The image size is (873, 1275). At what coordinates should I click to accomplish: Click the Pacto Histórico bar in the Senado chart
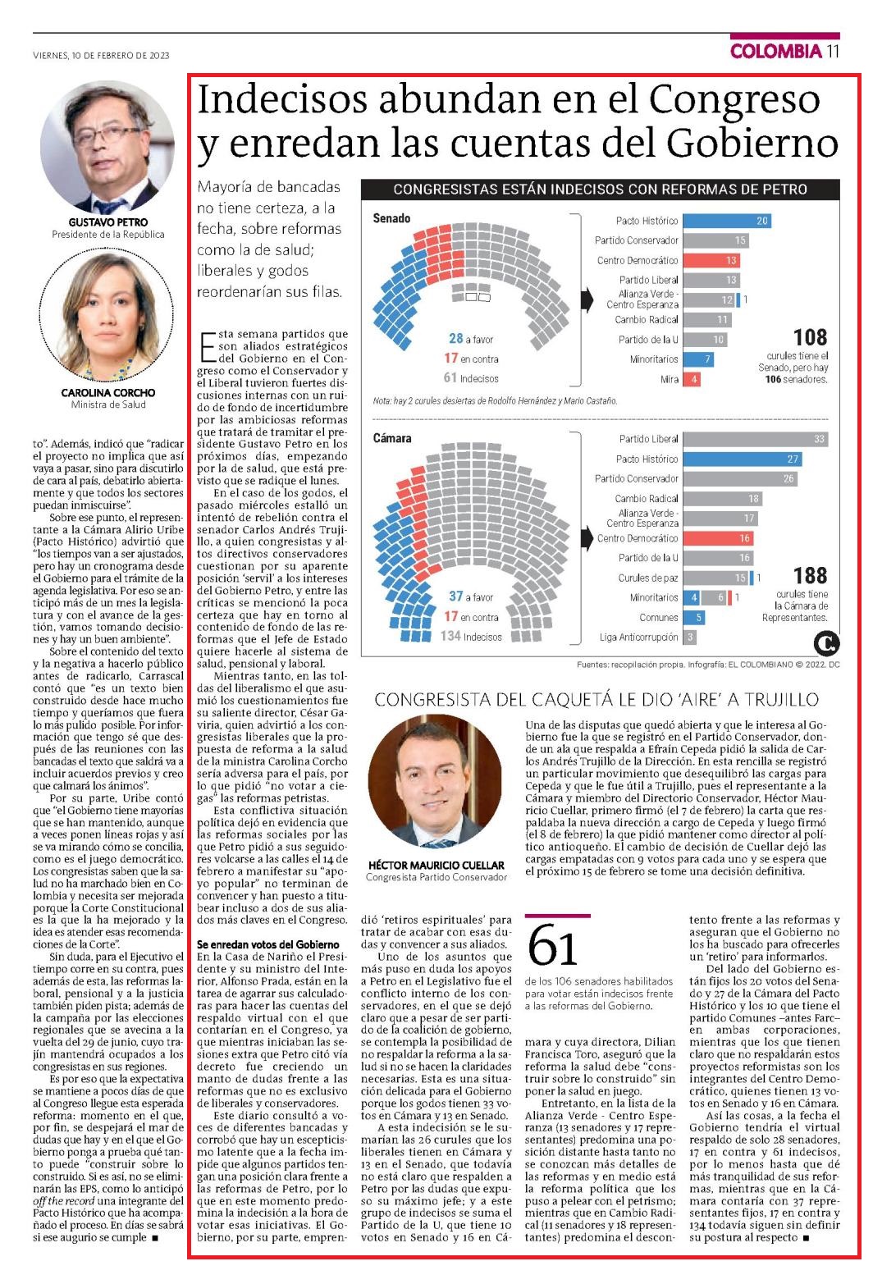tap(727, 221)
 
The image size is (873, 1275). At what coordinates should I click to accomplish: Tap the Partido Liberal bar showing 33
tap(755, 439)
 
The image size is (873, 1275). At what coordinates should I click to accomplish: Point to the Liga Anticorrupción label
tap(638, 637)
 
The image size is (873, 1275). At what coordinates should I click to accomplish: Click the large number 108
tap(810, 337)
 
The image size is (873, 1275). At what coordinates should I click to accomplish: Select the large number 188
tap(810, 575)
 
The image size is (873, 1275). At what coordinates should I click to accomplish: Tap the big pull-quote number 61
tap(552, 946)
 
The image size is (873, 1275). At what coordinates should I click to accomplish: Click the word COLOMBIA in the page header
tap(776, 51)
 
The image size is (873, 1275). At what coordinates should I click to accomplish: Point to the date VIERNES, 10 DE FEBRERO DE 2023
tap(101, 55)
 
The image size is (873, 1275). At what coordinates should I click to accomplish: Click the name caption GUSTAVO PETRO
tap(108, 222)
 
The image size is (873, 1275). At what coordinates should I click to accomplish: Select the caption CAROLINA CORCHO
tap(108, 393)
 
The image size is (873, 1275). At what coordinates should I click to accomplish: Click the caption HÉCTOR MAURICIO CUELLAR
tap(436, 865)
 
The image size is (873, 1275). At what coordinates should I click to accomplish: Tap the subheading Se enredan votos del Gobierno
tap(268, 944)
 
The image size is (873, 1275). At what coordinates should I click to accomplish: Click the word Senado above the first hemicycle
tap(391, 218)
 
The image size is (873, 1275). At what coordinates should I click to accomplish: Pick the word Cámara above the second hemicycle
tap(392, 437)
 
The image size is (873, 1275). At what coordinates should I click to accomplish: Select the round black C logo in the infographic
tap(826, 643)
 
